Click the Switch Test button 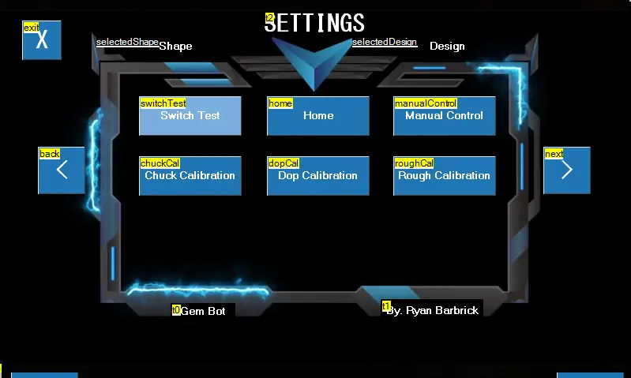190,116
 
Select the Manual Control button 445,116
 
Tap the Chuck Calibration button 190,176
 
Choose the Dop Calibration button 318,176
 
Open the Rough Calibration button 445,176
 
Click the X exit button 42,40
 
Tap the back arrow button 62,170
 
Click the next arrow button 567,170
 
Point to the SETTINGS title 314,23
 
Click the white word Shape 175,47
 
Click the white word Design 447,47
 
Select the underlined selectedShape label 128,42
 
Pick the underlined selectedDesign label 385,42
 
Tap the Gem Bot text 203,311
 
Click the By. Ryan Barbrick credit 432,310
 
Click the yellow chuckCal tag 160,163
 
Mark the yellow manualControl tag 426,103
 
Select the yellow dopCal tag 284,163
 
